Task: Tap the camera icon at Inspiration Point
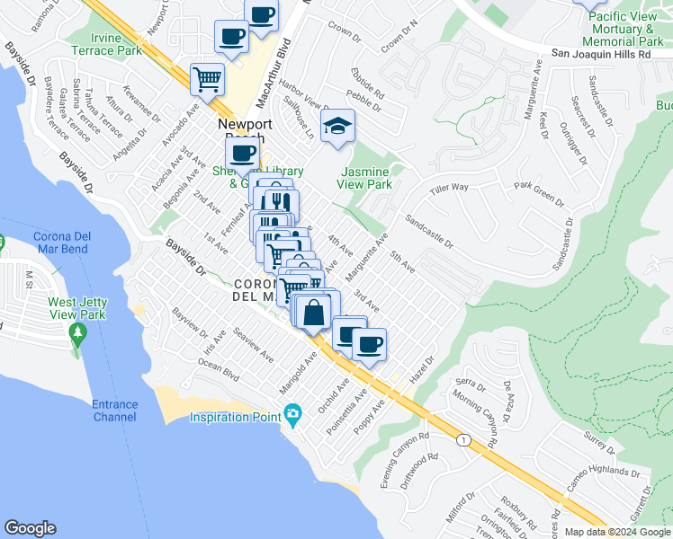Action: (292, 415)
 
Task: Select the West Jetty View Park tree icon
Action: (77, 334)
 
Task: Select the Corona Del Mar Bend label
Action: (60, 243)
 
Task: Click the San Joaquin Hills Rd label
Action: (601, 54)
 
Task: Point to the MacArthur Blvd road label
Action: (287, 68)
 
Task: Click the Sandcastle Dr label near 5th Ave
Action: (428, 231)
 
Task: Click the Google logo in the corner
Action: (30, 528)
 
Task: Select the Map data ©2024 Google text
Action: (616, 532)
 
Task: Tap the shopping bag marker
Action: (314, 313)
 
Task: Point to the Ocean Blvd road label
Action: (220, 370)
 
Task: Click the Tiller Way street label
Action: (449, 188)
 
